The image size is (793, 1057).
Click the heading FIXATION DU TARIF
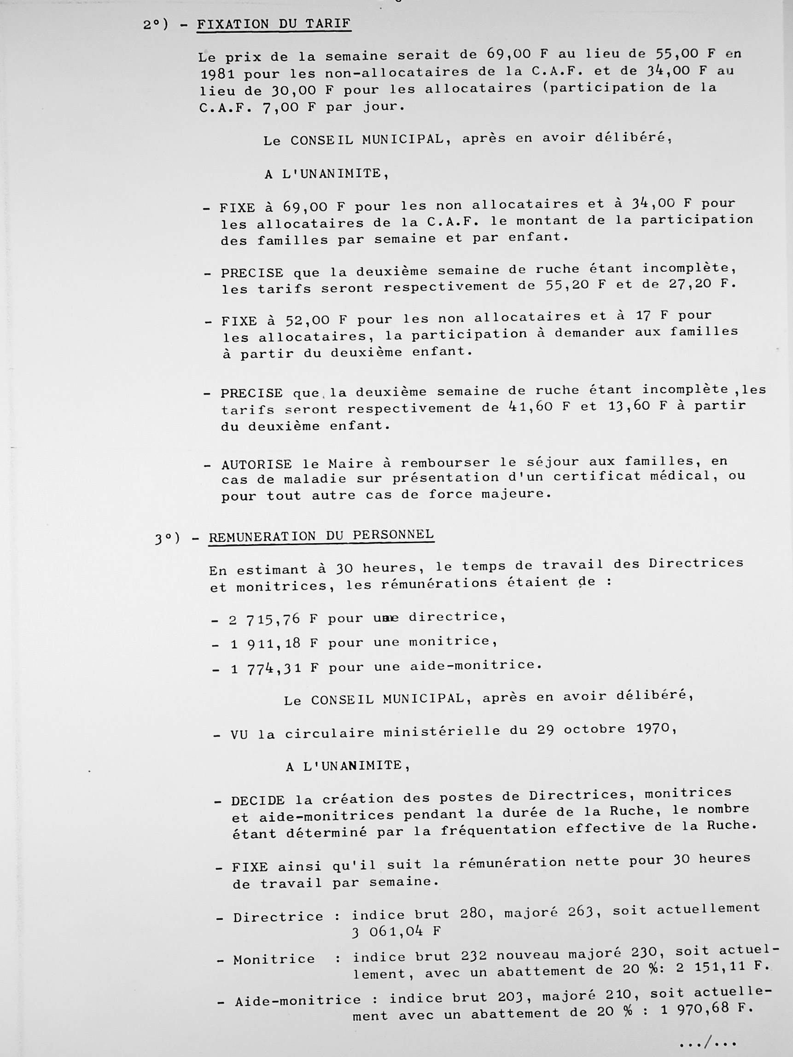pyautogui.click(x=274, y=24)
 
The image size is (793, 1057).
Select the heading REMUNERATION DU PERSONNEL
pyautogui.click(x=321, y=536)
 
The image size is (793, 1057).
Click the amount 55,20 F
pyautogui.click(x=574, y=285)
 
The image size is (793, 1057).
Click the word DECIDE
pyautogui.click(x=258, y=801)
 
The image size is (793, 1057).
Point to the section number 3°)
pyautogui.click(x=167, y=539)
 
